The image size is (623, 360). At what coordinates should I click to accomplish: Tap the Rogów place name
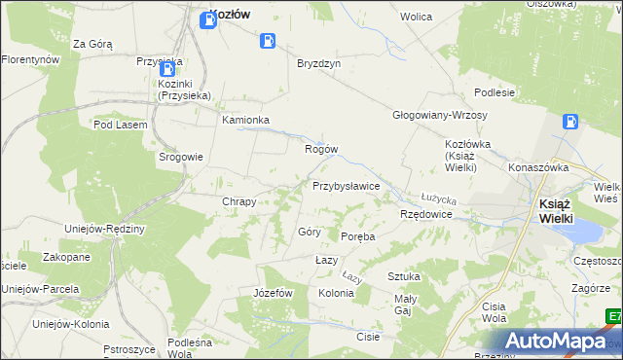pos(321,149)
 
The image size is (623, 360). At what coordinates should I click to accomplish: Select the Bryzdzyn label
pos(318,61)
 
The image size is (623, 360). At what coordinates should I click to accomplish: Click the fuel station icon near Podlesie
pos(570,123)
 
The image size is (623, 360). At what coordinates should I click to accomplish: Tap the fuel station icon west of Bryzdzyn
pos(267,41)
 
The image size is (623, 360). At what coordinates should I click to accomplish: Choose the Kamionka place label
pos(245,121)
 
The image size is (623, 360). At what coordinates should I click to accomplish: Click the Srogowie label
pos(181,156)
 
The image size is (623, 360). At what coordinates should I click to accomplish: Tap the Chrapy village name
pos(239,201)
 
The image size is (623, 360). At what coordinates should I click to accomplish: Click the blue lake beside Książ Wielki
pos(586,232)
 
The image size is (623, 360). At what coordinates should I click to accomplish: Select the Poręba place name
pos(358,236)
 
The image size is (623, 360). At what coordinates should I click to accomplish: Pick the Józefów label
pos(273,293)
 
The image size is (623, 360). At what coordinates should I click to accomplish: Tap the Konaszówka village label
pos(537,167)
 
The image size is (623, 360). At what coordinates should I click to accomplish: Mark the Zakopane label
pos(66,257)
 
